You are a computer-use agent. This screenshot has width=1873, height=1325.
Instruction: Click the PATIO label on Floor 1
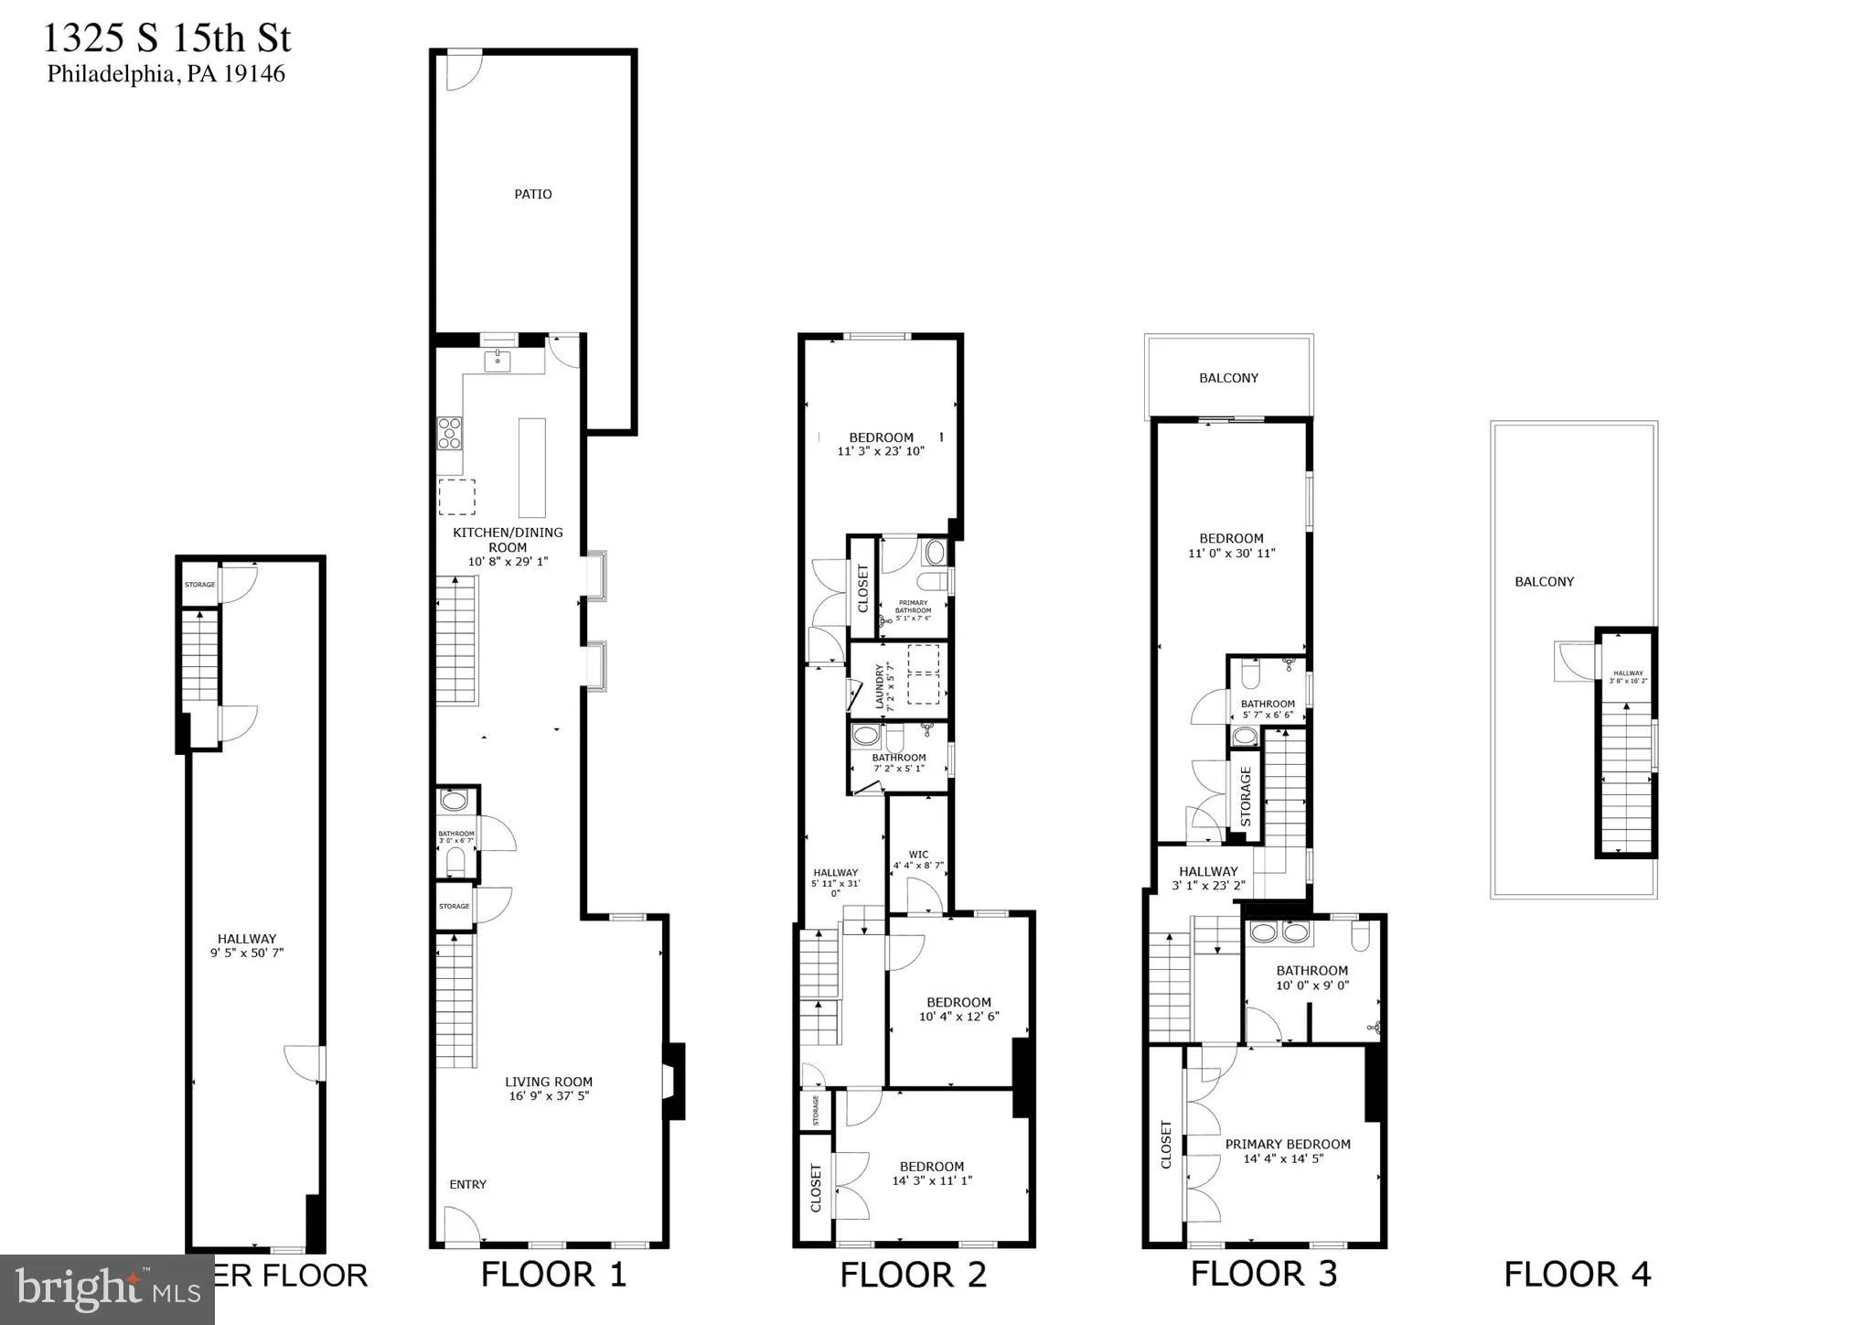[x=532, y=194]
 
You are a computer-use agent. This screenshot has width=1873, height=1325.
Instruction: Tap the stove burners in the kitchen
[x=450, y=433]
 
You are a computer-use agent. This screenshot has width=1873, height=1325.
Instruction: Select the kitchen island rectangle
[x=531, y=468]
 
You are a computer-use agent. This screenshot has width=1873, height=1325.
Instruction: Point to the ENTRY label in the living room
[x=467, y=1184]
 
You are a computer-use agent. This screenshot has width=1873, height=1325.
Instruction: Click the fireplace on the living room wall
[x=673, y=1081]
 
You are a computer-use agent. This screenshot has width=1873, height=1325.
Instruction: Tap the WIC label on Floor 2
[x=918, y=855]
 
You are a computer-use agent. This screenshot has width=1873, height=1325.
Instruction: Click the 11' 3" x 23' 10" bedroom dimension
[x=881, y=451]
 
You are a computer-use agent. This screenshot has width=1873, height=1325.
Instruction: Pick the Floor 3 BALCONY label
[x=1228, y=378]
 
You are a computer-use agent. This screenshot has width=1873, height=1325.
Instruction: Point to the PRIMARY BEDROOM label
[x=1287, y=1144]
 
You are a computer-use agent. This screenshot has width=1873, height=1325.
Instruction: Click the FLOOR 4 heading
[x=1577, y=1274]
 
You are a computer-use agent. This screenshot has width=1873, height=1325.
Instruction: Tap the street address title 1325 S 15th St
[x=167, y=39]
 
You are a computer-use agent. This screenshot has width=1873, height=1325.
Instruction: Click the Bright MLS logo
[x=107, y=1289]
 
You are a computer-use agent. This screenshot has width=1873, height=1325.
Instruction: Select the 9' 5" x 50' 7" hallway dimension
[x=246, y=953]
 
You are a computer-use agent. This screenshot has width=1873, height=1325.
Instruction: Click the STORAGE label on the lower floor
[x=199, y=585]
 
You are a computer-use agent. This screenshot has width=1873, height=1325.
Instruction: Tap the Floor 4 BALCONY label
[x=1544, y=582]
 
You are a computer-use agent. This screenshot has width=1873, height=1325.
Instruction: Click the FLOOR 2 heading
[x=913, y=1275]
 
